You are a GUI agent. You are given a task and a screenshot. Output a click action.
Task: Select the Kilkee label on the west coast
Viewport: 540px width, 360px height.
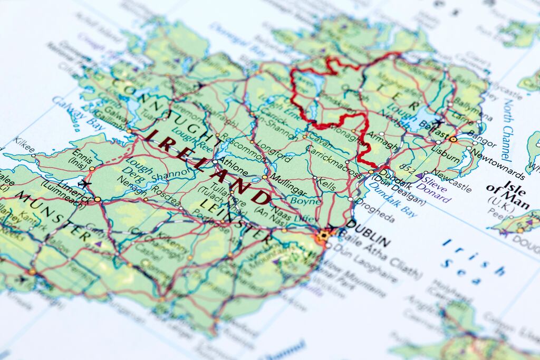click(24, 142)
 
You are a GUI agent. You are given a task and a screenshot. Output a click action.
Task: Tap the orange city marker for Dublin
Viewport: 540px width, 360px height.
click(323, 235)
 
